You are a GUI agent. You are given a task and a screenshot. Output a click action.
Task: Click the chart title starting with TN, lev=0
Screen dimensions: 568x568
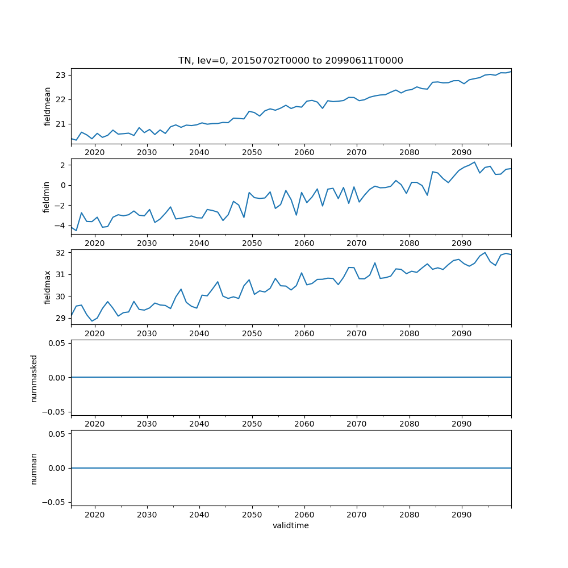click(x=291, y=61)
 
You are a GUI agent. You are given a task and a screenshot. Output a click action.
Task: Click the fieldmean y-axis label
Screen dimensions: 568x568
click(x=48, y=106)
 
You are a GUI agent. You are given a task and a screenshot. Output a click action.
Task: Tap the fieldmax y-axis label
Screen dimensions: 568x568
click(x=48, y=287)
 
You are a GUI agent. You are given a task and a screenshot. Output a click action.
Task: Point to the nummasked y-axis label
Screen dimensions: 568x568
click(x=34, y=378)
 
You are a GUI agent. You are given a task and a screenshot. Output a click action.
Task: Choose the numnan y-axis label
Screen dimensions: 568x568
click(x=34, y=468)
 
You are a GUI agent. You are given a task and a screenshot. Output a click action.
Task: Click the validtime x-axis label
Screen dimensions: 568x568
click(x=291, y=526)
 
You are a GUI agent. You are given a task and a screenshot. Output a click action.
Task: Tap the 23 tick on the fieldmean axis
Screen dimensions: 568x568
click(x=61, y=76)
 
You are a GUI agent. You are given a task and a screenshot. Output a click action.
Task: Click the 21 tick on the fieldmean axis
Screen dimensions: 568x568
click(x=61, y=124)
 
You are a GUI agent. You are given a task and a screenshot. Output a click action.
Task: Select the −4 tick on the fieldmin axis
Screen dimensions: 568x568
click(x=59, y=225)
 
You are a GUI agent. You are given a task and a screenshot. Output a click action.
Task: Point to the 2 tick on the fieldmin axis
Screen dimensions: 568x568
click(x=62, y=165)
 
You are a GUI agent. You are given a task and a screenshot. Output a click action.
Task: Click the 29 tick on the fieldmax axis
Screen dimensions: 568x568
click(x=61, y=318)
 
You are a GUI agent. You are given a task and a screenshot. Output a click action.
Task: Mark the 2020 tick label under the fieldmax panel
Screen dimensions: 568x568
click(x=95, y=333)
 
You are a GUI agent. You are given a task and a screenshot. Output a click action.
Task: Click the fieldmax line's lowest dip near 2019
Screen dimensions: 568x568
click(x=92, y=321)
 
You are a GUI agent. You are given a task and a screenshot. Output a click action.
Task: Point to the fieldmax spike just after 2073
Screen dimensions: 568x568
click(x=375, y=263)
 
